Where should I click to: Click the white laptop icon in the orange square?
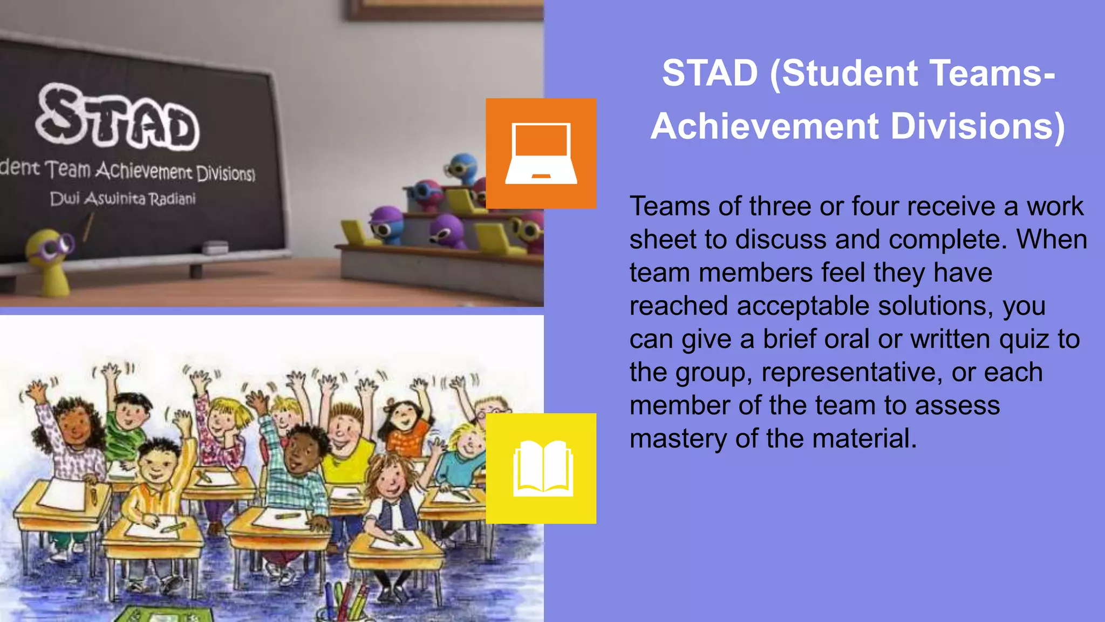541,154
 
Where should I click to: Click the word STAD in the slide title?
710,73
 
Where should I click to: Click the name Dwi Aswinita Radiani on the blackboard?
122,199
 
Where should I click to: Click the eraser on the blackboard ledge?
215,248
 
